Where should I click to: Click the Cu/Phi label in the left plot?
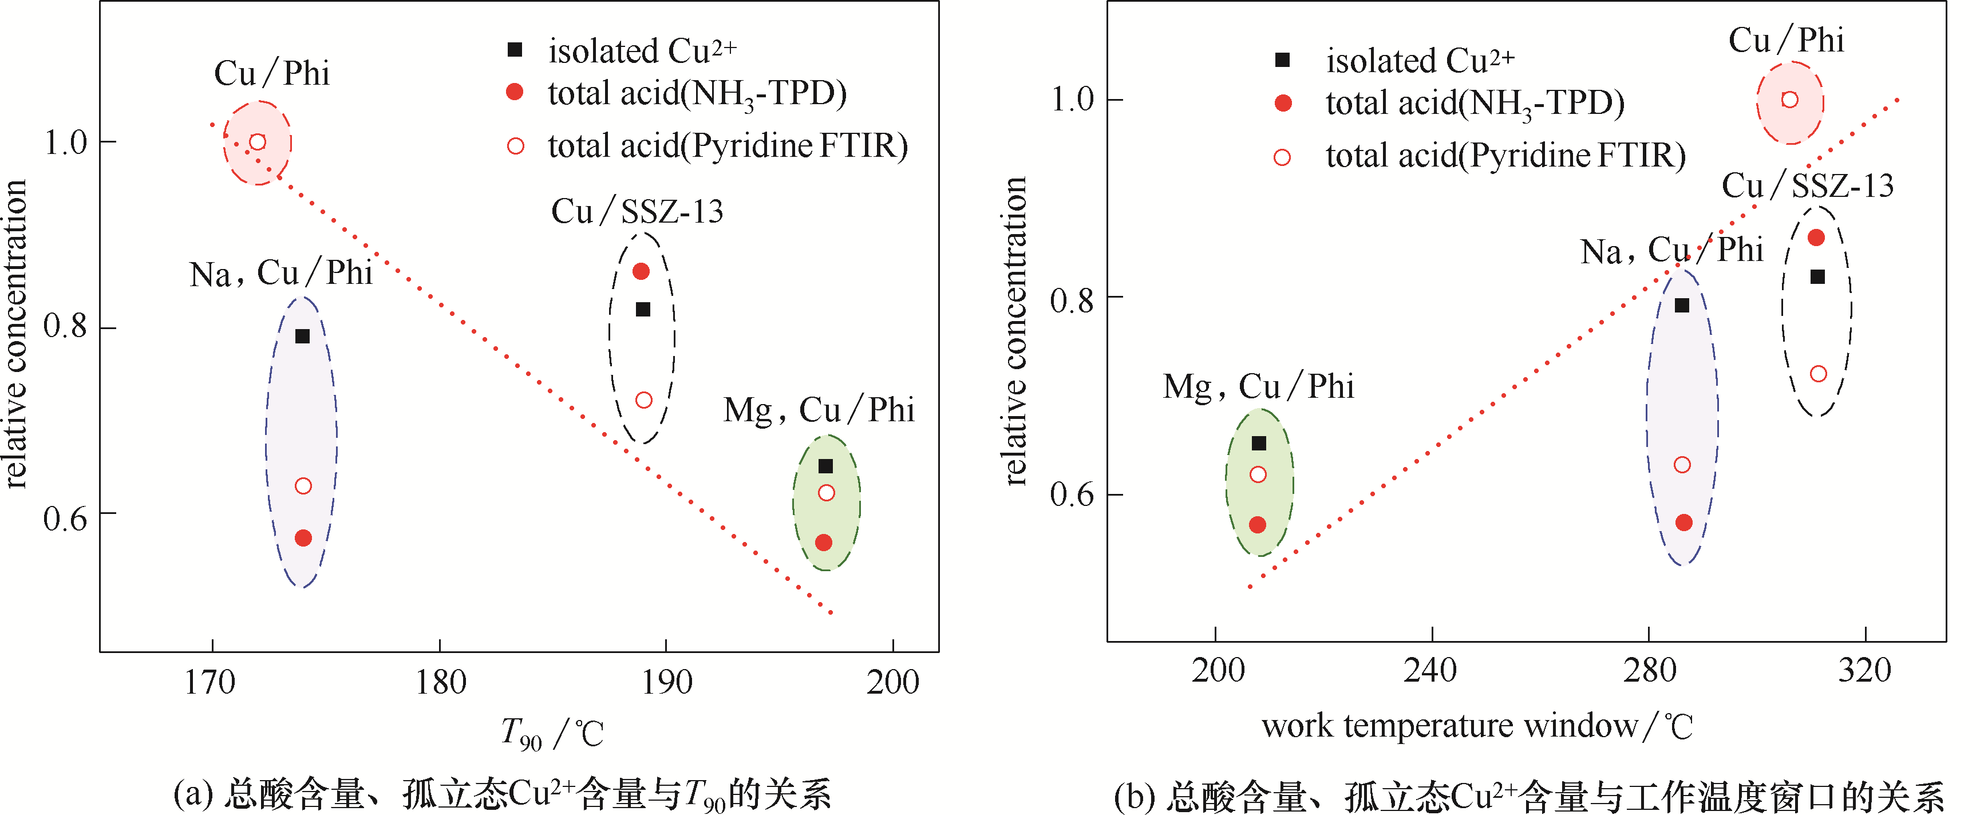point(271,74)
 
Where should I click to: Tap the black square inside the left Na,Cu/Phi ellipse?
point(303,336)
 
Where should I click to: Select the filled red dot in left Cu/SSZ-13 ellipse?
point(641,271)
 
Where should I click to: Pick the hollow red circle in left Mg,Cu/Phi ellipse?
point(826,493)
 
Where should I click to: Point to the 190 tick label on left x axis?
point(666,683)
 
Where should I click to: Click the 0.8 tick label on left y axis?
point(65,327)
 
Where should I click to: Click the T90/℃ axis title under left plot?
point(551,733)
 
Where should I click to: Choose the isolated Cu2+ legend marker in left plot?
point(515,50)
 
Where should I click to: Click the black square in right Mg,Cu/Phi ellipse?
point(1259,443)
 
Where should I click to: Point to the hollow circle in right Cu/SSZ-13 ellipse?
point(1819,374)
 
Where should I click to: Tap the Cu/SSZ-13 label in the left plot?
point(637,211)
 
